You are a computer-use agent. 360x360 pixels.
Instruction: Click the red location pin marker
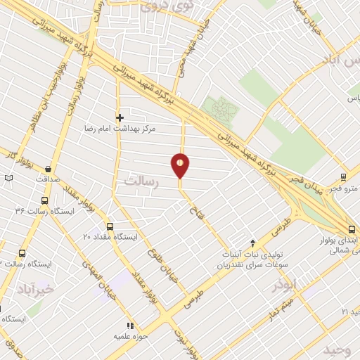coord(180,165)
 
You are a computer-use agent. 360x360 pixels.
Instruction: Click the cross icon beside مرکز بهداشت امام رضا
coord(120,117)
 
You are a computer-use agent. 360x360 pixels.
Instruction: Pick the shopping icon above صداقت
coord(48,169)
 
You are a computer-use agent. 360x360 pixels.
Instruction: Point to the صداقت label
coord(48,179)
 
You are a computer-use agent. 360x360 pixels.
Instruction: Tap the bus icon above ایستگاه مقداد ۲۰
coord(109,226)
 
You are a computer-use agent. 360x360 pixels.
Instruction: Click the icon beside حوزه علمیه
coord(129,326)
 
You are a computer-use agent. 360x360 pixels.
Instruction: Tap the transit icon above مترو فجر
coord(342,177)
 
